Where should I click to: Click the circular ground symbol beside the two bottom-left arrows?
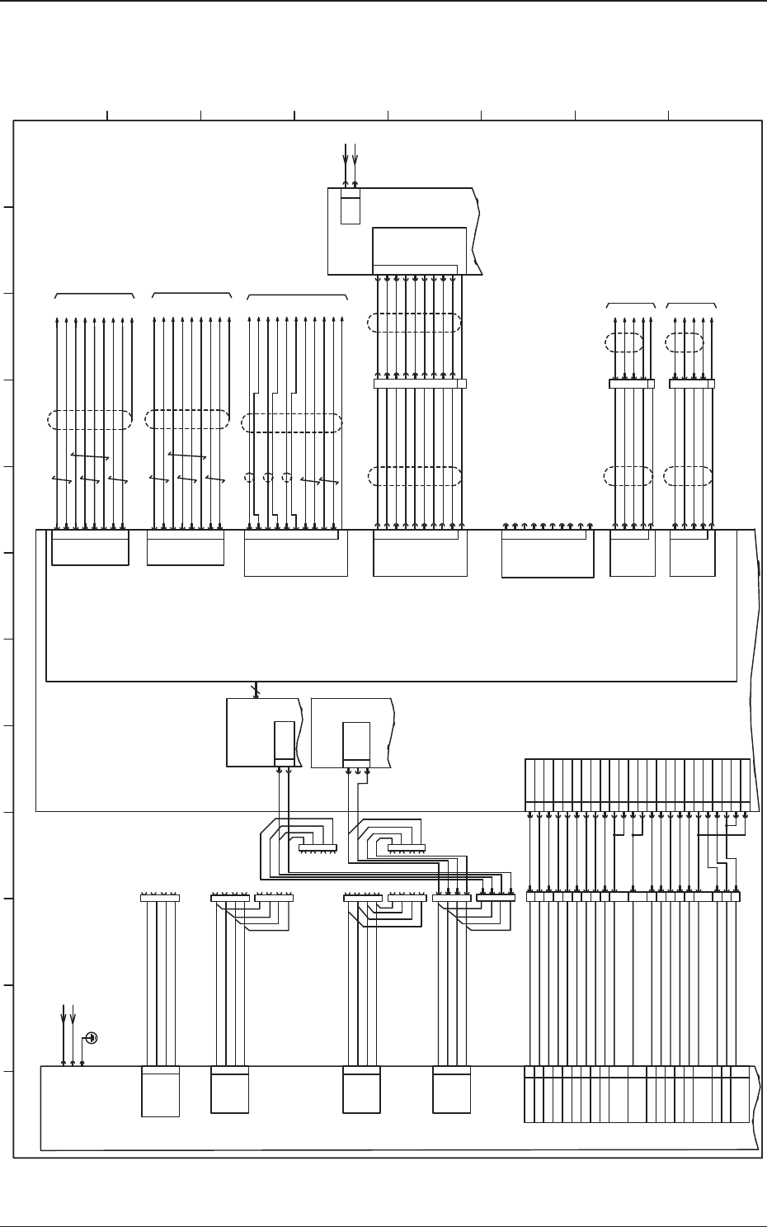pos(92,1037)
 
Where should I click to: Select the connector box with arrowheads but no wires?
pos(548,553)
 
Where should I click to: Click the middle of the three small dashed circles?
pos(268,477)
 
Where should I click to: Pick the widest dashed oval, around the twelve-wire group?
pos(292,423)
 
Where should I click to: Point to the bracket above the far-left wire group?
pos(94,294)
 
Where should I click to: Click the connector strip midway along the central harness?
pos(420,383)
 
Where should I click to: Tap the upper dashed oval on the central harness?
pos(415,322)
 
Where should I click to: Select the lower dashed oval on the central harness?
pos(415,476)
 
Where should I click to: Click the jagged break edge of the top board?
pos(476,231)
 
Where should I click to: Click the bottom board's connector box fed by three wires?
pos(160,1091)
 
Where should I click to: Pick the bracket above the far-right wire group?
pos(691,304)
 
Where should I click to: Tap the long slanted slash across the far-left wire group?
pos(90,456)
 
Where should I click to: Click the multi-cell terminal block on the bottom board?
pos(637,1094)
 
